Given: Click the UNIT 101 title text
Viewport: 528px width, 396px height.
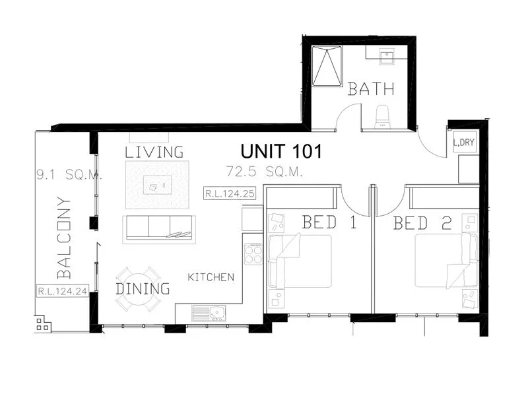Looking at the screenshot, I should click(281, 151).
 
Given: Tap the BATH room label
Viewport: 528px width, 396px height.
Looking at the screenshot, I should click(371, 88).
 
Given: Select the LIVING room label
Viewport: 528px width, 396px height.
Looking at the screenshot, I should click(154, 152).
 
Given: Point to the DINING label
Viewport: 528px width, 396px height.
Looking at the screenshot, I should click(143, 288).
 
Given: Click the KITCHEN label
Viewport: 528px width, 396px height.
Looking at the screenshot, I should click(211, 277).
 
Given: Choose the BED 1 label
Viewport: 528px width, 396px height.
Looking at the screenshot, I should click(329, 222).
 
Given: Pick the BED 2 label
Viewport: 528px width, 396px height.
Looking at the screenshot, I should click(422, 222).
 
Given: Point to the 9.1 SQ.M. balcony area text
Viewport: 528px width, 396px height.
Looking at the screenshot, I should click(68, 175).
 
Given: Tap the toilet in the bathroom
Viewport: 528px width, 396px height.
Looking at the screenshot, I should click(382, 117).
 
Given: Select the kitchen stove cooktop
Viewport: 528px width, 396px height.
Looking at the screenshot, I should click(253, 253).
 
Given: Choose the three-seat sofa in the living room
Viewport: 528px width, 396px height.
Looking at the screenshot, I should click(158, 226).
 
